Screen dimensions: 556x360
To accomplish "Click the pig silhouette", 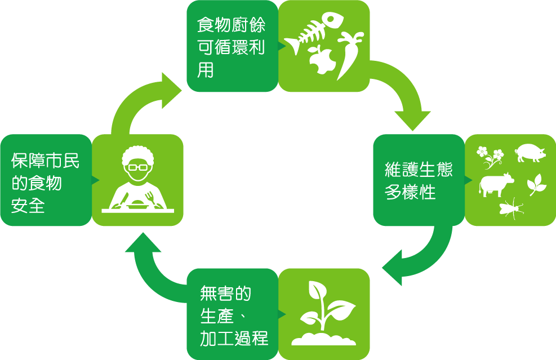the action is pyautogui.click(x=530, y=153).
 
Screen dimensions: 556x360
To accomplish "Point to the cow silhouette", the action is pyautogui.click(x=496, y=185).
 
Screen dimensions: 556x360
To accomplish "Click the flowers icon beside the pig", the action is pyautogui.click(x=490, y=157).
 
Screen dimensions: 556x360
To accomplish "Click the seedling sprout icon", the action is pyautogui.click(x=324, y=314).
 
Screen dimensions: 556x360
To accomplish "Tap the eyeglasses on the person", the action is pyautogui.click(x=137, y=167).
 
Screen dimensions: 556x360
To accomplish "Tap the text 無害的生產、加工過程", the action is pyautogui.click(x=234, y=315).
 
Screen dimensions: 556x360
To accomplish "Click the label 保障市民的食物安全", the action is pyautogui.click(x=45, y=183).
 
